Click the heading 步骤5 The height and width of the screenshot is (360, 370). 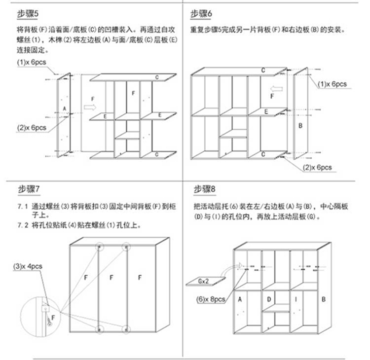pyautogui.click(x=28, y=14)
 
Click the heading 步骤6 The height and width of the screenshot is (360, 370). pyautogui.click(x=201, y=14)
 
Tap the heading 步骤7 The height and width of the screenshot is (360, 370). pyautogui.click(x=29, y=189)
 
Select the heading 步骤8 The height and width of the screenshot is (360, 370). pyautogui.click(x=204, y=189)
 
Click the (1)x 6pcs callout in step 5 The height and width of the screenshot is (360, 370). pyautogui.click(x=32, y=62)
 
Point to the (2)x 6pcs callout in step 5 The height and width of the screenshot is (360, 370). pyautogui.click(x=32, y=128)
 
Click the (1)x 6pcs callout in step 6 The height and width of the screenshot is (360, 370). pyautogui.click(x=332, y=84)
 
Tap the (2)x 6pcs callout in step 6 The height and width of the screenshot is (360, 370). pyautogui.click(x=317, y=168)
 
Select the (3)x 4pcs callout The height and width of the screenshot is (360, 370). pyautogui.click(x=28, y=266)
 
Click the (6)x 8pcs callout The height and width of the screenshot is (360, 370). pyautogui.click(x=211, y=299)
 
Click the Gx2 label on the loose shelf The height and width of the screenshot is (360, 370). pyautogui.click(x=203, y=281)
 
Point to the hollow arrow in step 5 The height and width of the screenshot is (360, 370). pyautogui.click(x=90, y=108)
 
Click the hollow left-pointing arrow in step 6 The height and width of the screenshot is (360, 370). pyautogui.click(x=276, y=89)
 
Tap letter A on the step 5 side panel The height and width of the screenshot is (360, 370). pyautogui.click(x=65, y=108)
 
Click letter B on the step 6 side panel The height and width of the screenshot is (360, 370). pyautogui.click(x=300, y=126)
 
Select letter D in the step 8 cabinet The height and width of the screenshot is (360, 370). pyautogui.click(x=269, y=299)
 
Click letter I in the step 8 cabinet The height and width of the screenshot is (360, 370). pyautogui.click(x=296, y=299)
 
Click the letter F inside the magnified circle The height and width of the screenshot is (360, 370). pyautogui.click(x=53, y=318)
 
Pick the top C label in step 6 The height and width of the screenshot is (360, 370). pyautogui.click(x=263, y=70)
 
